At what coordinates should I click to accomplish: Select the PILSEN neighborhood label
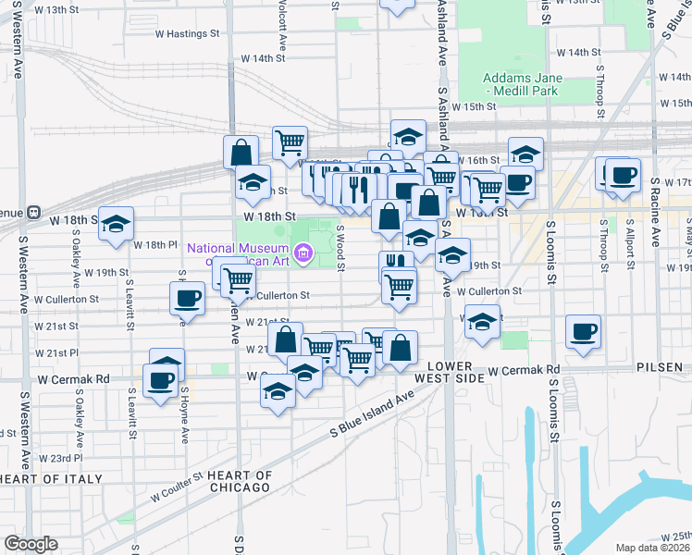(x=660, y=367)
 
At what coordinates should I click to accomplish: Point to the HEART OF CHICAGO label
(x=240, y=481)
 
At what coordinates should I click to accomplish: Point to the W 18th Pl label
(x=154, y=245)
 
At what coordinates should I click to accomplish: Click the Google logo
(x=31, y=544)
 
